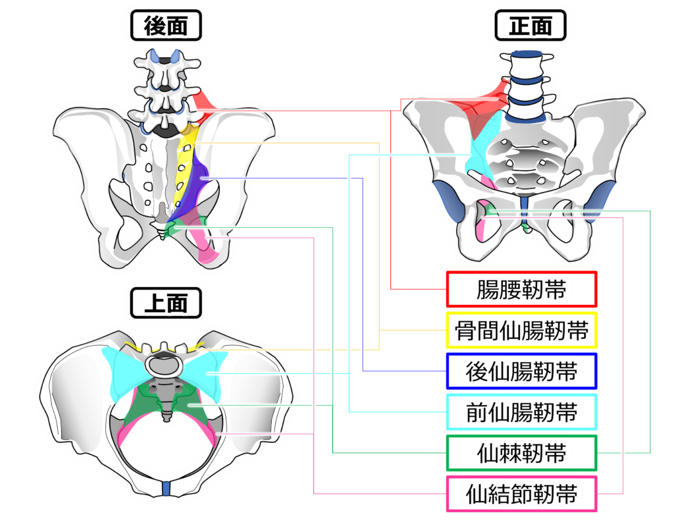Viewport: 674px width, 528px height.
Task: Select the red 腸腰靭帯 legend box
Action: tap(521, 289)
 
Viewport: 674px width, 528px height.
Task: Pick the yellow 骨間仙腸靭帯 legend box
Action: tap(521, 330)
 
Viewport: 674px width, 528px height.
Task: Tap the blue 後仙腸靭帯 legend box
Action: tap(521, 371)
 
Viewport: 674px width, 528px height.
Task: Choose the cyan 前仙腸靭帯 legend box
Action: tap(521, 412)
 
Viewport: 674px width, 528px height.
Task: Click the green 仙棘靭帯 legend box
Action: tap(521, 453)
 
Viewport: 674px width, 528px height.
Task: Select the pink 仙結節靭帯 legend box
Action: tap(521, 494)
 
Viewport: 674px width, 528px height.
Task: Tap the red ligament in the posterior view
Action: tap(203, 103)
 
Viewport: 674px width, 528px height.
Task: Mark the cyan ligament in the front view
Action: tap(482, 142)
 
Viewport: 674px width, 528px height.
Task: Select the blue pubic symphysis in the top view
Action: tap(167, 488)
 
